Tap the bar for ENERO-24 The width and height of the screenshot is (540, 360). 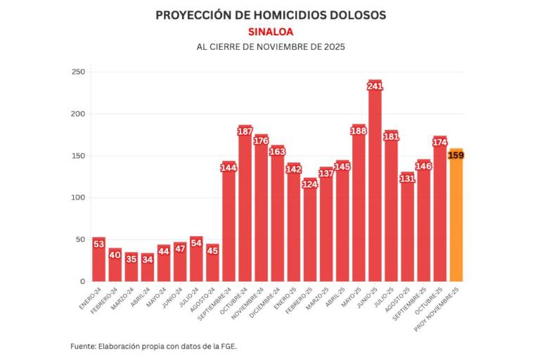(x=98, y=264)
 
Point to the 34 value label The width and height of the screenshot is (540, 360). (x=147, y=259)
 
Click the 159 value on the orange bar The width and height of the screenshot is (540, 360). (x=456, y=155)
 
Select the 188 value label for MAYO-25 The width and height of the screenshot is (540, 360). (x=359, y=130)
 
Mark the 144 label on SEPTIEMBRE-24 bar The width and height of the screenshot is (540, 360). (x=229, y=167)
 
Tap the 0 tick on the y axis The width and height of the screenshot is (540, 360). (x=82, y=281)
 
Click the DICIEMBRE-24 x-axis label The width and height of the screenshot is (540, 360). (x=268, y=300)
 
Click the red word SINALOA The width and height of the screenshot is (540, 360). (x=270, y=32)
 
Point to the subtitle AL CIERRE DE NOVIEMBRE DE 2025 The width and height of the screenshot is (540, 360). (x=270, y=47)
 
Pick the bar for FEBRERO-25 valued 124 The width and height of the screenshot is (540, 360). (x=309, y=232)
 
